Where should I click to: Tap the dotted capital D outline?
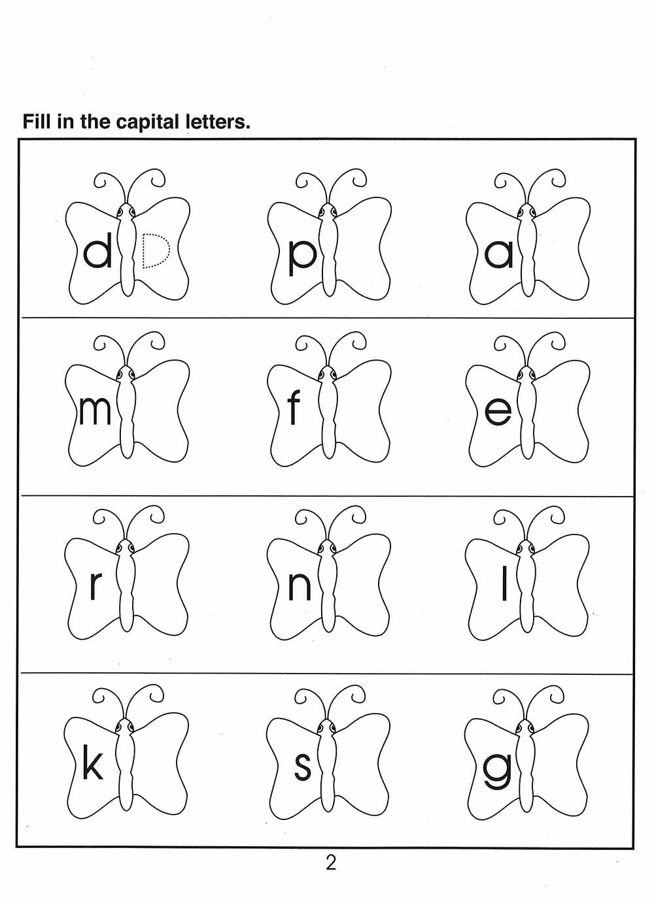[x=156, y=250]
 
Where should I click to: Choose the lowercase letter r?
[x=95, y=586]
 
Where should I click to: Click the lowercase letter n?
[x=300, y=586]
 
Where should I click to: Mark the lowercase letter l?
[x=504, y=582]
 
